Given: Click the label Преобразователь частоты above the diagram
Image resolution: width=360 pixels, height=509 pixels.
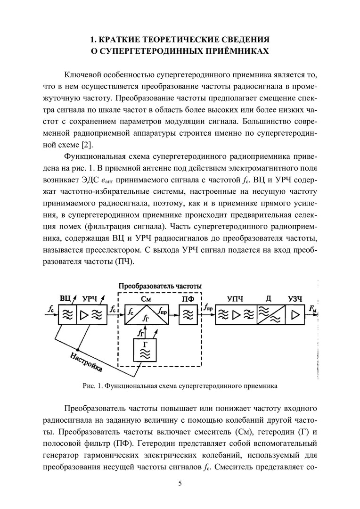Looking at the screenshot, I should pyautogui.click(x=160, y=286).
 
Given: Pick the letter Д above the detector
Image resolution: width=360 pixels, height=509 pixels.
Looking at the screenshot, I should pyautogui.click(x=268, y=298).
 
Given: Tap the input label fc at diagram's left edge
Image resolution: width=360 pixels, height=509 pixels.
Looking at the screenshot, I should pyautogui.click(x=50, y=309).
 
